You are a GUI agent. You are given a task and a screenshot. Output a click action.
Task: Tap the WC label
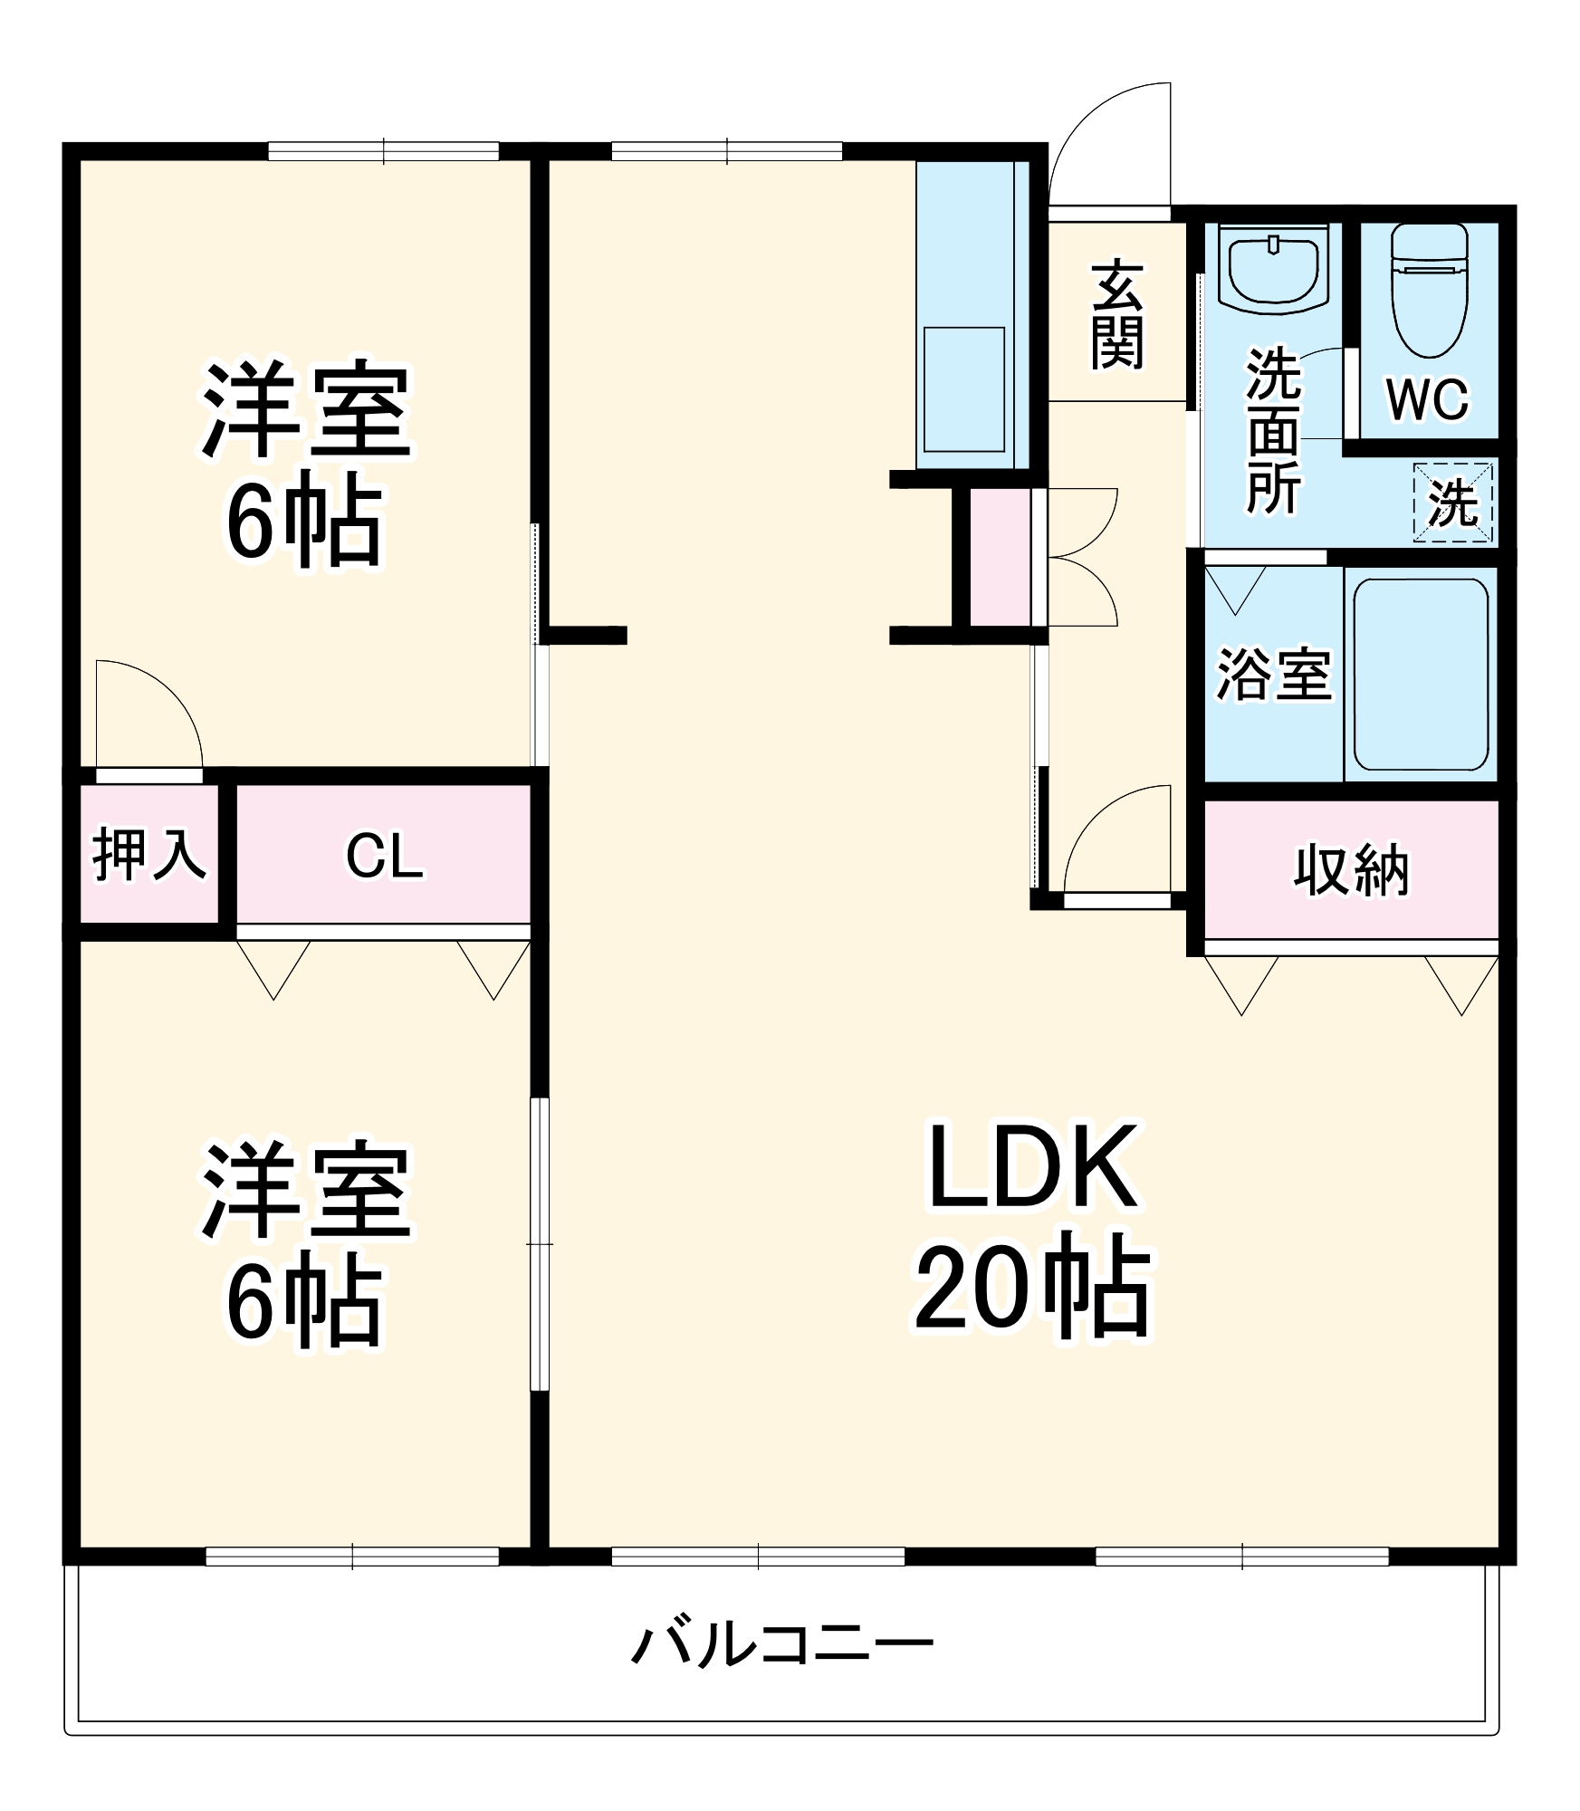(x=1428, y=398)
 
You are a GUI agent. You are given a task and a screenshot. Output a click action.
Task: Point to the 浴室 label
(x=1273, y=676)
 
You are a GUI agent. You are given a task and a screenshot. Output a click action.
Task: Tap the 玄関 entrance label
(x=1117, y=315)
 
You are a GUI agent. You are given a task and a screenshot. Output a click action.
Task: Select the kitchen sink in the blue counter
(x=964, y=389)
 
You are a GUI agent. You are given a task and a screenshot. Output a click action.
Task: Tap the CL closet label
(x=384, y=857)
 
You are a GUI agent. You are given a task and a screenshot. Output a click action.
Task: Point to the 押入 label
(x=149, y=854)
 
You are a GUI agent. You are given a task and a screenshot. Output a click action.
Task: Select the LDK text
(x=1032, y=1168)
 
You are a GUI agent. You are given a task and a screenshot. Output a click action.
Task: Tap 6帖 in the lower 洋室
(x=303, y=1300)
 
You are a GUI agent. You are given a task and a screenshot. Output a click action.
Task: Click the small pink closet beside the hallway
(x=1000, y=558)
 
